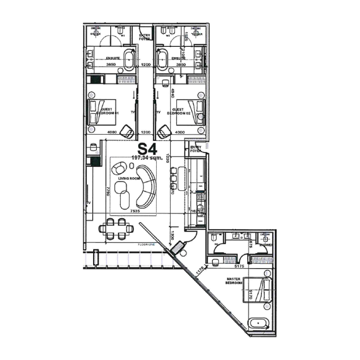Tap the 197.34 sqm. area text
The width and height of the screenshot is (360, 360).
pyautogui.click(x=148, y=158)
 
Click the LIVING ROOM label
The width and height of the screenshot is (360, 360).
pyautogui.click(x=127, y=179)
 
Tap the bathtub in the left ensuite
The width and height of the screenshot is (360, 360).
pyautogui.click(x=129, y=60)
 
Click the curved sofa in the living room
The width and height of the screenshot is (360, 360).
pyautogui.click(x=146, y=185)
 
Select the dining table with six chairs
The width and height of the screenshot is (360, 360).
pyautogui.click(x=117, y=229)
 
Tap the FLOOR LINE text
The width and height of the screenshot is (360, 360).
pyautogui.click(x=148, y=244)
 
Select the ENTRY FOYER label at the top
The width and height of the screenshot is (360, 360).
pyautogui.click(x=144, y=37)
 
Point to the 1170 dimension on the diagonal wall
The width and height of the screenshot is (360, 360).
pyautogui.click(x=200, y=270)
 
